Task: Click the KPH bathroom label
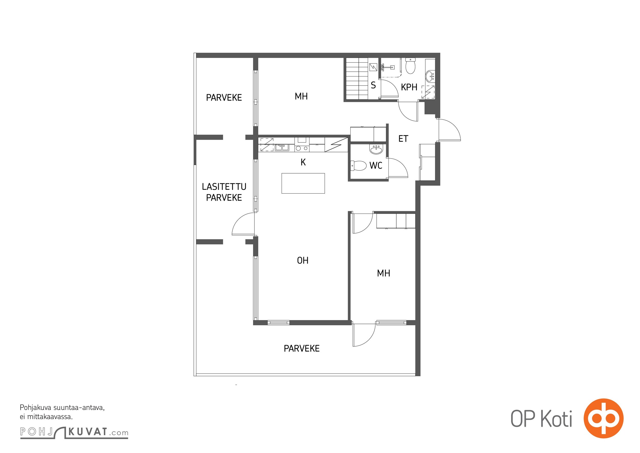(x=409, y=87)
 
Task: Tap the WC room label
(x=376, y=165)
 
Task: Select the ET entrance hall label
(x=403, y=139)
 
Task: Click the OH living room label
(x=302, y=260)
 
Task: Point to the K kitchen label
(x=303, y=162)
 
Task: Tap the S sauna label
(x=373, y=85)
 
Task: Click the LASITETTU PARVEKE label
(x=224, y=192)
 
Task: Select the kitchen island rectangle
(x=303, y=183)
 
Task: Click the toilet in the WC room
(x=358, y=166)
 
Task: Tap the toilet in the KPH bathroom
(x=410, y=66)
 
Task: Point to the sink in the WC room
(x=376, y=149)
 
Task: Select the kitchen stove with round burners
(x=302, y=145)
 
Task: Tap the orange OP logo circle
(x=604, y=418)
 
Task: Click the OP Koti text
(x=541, y=419)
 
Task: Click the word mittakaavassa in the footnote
(x=50, y=417)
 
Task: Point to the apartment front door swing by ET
(x=449, y=130)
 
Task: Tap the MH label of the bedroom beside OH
(x=383, y=273)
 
